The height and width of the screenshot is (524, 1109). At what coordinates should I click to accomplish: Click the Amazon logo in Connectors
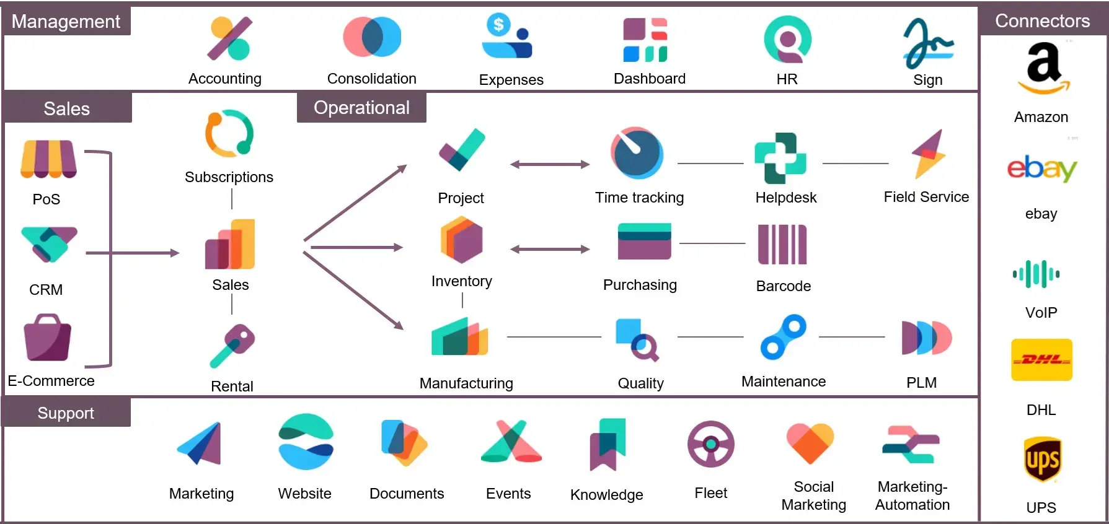tap(1043, 68)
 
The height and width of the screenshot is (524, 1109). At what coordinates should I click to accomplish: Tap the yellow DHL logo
tap(1041, 360)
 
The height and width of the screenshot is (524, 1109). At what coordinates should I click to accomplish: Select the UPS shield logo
tap(1042, 460)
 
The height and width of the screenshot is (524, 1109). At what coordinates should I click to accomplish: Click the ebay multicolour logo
tap(1042, 168)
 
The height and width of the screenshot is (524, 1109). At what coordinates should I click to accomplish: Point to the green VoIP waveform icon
tap(1036, 274)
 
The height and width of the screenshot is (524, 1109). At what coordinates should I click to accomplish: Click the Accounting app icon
tap(229, 39)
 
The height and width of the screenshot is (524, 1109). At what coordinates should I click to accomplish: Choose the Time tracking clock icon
tap(637, 153)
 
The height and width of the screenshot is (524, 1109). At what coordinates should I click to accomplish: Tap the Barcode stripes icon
tap(782, 245)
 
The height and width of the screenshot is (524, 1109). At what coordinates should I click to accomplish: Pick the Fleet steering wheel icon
tap(710, 444)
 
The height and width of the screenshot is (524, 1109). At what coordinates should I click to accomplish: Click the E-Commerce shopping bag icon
tap(47, 338)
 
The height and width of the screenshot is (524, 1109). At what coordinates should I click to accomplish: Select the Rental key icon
tap(232, 346)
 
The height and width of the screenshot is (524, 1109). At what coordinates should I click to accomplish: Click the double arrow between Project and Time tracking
tap(549, 164)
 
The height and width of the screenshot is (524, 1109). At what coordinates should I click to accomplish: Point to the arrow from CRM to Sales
tap(133, 253)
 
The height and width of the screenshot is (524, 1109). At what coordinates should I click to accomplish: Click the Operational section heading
tap(361, 108)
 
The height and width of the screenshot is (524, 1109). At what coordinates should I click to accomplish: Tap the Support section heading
tap(66, 413)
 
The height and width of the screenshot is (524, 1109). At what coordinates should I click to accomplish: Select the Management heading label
tap(66, 22)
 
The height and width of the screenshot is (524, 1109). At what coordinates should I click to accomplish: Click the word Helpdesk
tap(785, 198)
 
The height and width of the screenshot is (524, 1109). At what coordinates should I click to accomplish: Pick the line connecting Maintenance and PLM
tap(852, 337)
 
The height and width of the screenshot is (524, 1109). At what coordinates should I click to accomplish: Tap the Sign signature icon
tap(927, 44)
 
